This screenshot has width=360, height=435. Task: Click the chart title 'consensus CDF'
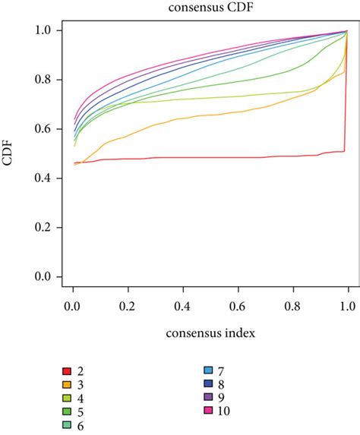[201, 8]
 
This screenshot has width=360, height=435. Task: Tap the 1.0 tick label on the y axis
[46, 30]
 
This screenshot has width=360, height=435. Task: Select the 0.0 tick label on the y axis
[46, 278]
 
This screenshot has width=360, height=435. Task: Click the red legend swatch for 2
[67, 372]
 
